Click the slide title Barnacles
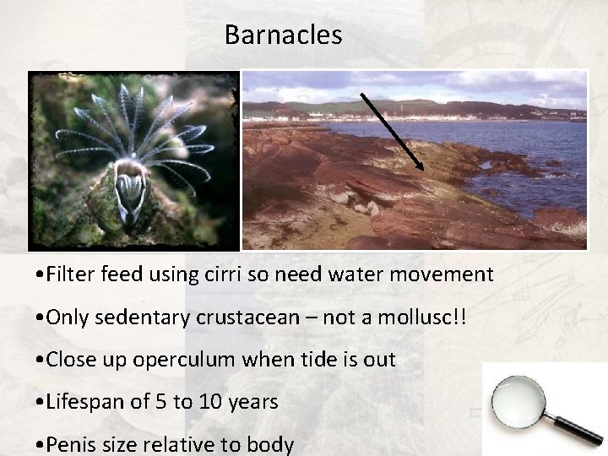(x=283, y=35)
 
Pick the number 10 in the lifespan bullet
(x=207, y=402)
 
